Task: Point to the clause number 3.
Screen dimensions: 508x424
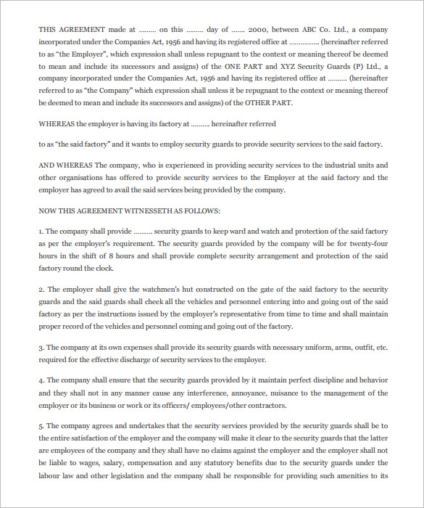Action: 41,348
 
